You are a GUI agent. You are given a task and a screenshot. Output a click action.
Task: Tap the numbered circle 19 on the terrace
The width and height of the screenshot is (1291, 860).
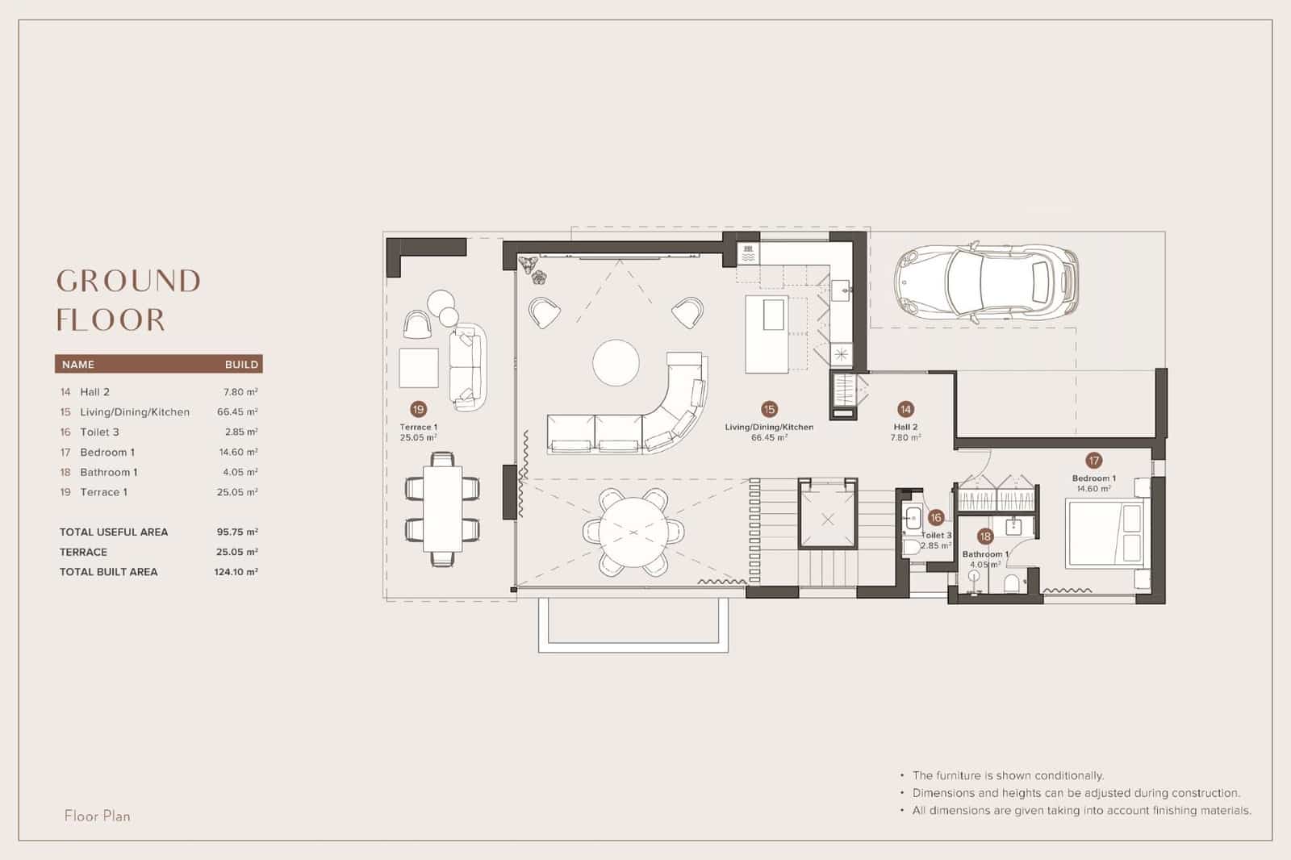click(x=418, y=409)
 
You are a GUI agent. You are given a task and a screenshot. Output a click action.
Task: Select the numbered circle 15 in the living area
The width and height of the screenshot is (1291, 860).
click(x=769, y=409)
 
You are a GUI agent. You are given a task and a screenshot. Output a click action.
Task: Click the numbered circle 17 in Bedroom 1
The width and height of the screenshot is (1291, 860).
click(x=1093, y=461)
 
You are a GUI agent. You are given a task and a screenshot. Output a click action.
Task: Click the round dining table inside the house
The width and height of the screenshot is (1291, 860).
click(x=633, y=533)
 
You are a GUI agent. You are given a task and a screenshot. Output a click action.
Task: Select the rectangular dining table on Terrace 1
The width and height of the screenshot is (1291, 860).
click(x=442, y=508)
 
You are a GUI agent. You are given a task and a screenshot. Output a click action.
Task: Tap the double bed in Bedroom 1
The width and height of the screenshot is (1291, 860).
click(x=1105, y=532)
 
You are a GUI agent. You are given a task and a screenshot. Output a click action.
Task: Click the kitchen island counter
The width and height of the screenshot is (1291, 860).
click(x=766, y=335)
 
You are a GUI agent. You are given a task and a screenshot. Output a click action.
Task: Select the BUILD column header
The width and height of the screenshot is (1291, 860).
click(x=241, y=365)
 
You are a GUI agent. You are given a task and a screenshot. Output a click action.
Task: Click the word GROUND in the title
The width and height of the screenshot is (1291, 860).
click(x=128, y=282)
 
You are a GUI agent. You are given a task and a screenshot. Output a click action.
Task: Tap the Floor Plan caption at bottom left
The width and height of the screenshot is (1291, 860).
click(x=98, y=816)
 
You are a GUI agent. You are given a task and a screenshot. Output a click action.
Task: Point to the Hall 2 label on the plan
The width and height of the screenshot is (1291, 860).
click(x=905, y=428)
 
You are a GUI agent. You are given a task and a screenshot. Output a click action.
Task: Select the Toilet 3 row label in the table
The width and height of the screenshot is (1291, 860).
click(x=99, y=432)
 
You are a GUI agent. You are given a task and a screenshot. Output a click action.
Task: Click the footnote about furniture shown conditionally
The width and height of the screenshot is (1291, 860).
click(x=1008, y=775)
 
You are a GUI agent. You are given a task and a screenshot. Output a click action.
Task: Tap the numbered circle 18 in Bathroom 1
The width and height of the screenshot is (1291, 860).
click(x=985, y=536)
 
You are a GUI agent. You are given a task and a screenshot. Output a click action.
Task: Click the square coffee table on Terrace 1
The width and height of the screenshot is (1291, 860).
click(x=419, y=368)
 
